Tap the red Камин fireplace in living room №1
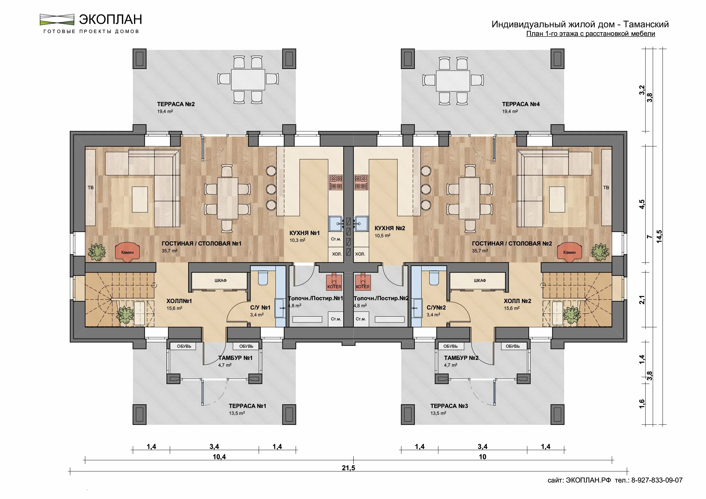(127, 252)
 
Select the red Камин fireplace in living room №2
(569, 252)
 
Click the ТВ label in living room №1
(91, 187)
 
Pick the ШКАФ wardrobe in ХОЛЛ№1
(220, 281)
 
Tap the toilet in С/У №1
(264, 277)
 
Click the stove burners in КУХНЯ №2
(361, 182)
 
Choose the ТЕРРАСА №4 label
(521, 104)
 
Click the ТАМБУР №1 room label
(235, 358)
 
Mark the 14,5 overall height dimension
(659, 237)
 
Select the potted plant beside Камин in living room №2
(599, 252)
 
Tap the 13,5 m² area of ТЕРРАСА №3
(438, 413)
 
